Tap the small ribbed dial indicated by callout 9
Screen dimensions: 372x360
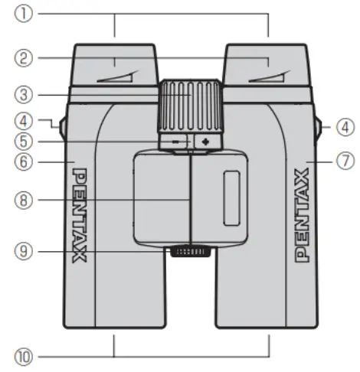pos(191,252)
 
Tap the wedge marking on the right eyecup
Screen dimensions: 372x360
pos(268,77)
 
